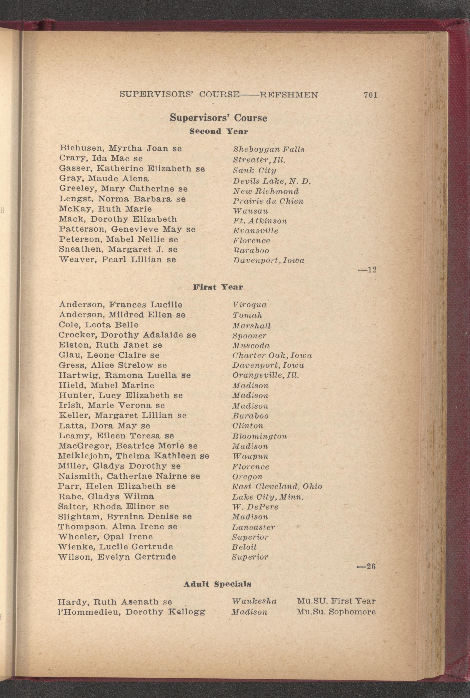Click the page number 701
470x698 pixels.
point(370,95)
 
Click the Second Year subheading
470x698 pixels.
point(219,131)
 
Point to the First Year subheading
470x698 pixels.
point(218,287)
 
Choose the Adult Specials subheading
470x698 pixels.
point(217,584)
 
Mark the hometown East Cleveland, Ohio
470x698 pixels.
point(277,486)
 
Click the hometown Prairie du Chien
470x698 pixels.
point(268,201)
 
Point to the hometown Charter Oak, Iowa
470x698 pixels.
point(272,356)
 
